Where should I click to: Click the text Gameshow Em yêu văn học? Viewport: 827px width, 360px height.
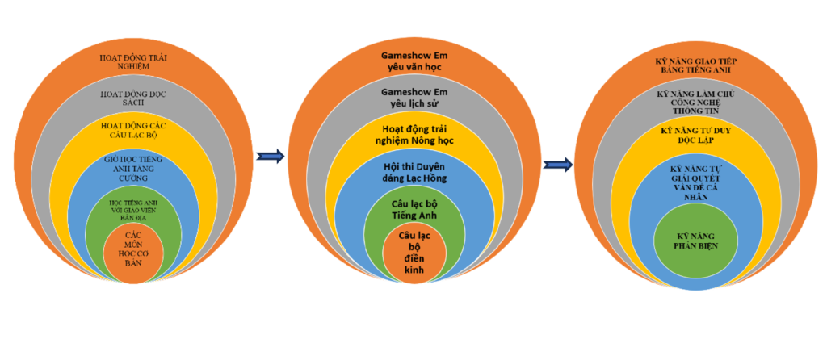point(413,62)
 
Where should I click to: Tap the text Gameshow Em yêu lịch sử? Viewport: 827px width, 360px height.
point(413,98)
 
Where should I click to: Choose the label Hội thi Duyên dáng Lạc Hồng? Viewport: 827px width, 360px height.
point(413,173)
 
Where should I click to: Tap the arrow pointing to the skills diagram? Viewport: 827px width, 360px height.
point(557,165)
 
